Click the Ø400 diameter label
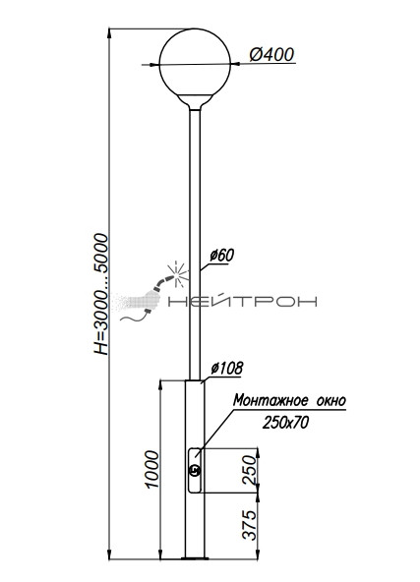pos(271,55)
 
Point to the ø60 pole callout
pos(221,256)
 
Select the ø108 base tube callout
pos(226,368)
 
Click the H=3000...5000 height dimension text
pos(100,294)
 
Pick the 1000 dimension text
pos(152,469)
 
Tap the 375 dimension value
pos(250,524)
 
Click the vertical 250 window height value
pos(250,470)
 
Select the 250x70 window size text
pos(285,423)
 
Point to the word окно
pos(331,401)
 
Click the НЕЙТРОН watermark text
pos(243,301)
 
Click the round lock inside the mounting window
pos(195,471)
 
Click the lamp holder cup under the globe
pos(195,101)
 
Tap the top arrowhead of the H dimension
pos(109,32)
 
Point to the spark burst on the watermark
pos(178,274)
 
